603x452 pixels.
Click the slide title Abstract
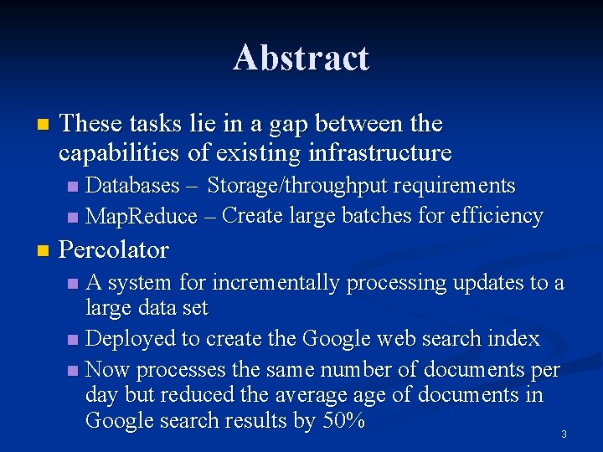[x=301, y=58]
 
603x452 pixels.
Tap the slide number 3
[x=564, y=434]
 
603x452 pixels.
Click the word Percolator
[x=114, y=249]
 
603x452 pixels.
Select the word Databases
[x=133, y=184]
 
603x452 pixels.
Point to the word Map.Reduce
[x=142, y=216]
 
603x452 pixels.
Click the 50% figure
[x=343, y=420]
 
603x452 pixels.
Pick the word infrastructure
[x=380, y=153]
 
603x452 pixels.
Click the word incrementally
[x=270, y=283]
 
